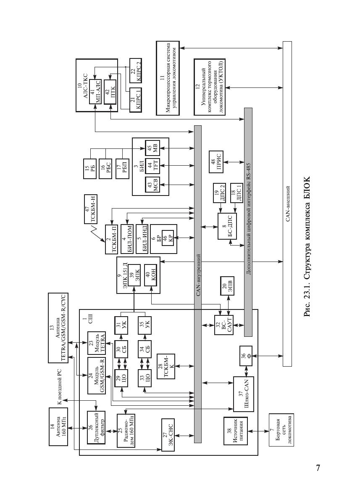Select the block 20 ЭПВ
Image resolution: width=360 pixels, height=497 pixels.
(x=227, y=286)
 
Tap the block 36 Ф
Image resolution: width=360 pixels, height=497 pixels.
(x=246, y=356)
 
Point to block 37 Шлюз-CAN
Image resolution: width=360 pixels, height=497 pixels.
(x=243, y=394)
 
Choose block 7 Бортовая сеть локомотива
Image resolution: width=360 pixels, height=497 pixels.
(x=281, y=429)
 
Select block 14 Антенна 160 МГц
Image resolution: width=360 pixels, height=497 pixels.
(x=58, y=427)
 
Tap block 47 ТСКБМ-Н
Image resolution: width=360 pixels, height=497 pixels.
(x=91, y=209)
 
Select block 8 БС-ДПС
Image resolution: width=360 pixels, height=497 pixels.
(x=227, y=226)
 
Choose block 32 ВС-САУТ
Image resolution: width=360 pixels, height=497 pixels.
(x=223, y=325)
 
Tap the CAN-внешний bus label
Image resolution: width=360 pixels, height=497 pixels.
(x=287, y=204)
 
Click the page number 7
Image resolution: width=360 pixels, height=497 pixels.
(x=318, y=468)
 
